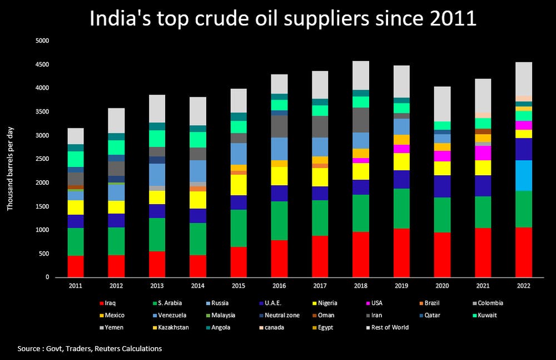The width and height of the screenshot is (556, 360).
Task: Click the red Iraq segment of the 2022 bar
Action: pos(523,252)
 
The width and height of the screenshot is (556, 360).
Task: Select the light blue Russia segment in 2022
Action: pos(523,175)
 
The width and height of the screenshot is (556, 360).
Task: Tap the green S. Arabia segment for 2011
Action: pos(76,241)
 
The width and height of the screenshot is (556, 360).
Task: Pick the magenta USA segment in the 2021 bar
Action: pos(483,152)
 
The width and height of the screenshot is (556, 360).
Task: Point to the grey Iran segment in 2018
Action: pos(361,120)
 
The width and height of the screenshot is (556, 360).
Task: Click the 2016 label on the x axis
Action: pos(279,285)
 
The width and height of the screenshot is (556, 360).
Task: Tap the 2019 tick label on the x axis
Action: pos(401,285)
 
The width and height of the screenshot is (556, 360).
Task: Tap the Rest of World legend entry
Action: pos(390,328)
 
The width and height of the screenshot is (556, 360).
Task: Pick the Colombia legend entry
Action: pos(489,303)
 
